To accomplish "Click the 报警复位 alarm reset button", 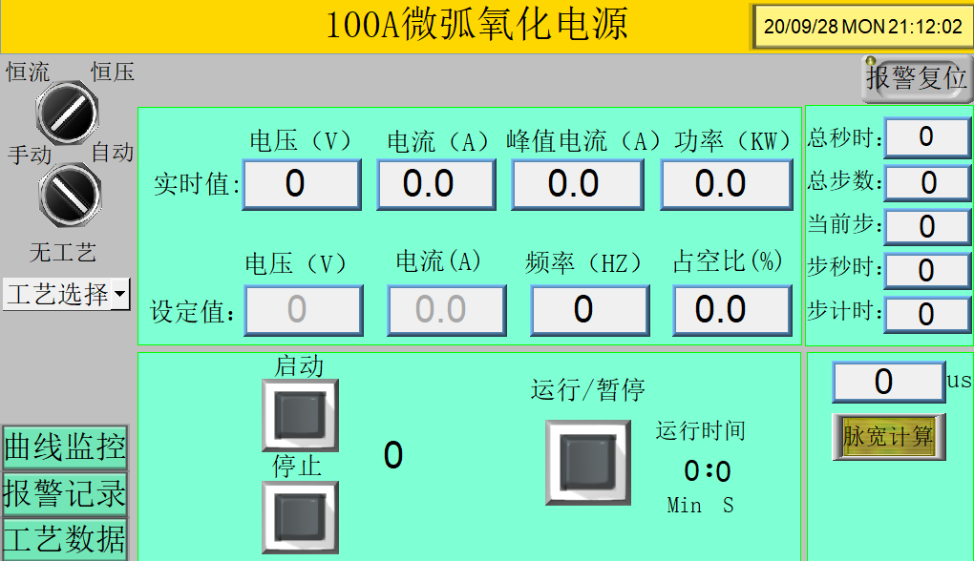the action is pos(917,78).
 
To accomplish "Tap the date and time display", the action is pos(863,27).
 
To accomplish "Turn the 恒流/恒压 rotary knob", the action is pos(67,113).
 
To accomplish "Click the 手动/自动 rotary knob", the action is pos(70,195).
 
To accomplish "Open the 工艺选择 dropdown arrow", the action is pos(120,293).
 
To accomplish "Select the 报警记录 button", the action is pos(65,494).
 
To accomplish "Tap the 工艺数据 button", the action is pos(65,539).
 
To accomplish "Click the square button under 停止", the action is pos(300,517).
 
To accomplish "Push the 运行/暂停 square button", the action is pos(588,463).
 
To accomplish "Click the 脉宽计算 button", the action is pos(889,437).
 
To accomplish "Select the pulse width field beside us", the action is pos(888,383).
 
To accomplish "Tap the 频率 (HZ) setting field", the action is pos(589,310).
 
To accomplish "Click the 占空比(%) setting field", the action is pos(732,310).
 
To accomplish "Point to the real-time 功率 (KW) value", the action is pos(727,184).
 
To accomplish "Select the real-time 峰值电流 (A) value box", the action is pos(578,184).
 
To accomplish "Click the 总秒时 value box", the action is pos(928,137).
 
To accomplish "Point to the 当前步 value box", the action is pos(928,227).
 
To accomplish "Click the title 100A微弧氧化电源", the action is pos(476,25).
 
